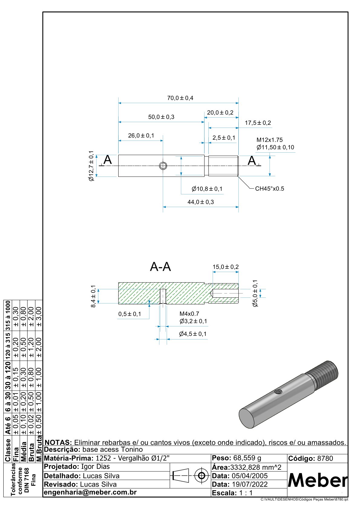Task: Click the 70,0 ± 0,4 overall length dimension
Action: click(x=180, y=98)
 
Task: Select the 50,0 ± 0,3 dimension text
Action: click(x=161, y=117)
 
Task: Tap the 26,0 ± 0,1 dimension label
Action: click(x=141, y=135)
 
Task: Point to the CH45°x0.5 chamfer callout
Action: click(x=270, y=189)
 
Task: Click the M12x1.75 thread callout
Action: click(x=270, y=140)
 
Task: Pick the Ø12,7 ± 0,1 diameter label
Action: click(x=91, y=166)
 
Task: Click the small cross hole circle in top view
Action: click(x=163, y=165)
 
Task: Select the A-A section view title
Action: click(x=160, y=267)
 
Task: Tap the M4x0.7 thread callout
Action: click(x=189, y=314)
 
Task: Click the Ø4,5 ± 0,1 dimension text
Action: click(x=193, y=334)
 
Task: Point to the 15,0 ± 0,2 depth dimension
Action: click(x=225, y=267)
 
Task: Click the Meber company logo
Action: click(x=318, y=480)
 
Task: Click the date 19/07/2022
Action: click(x=250, y=484)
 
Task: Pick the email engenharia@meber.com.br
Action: click(x=90, y=492)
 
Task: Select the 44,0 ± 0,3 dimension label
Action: click(x=201, y=202)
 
